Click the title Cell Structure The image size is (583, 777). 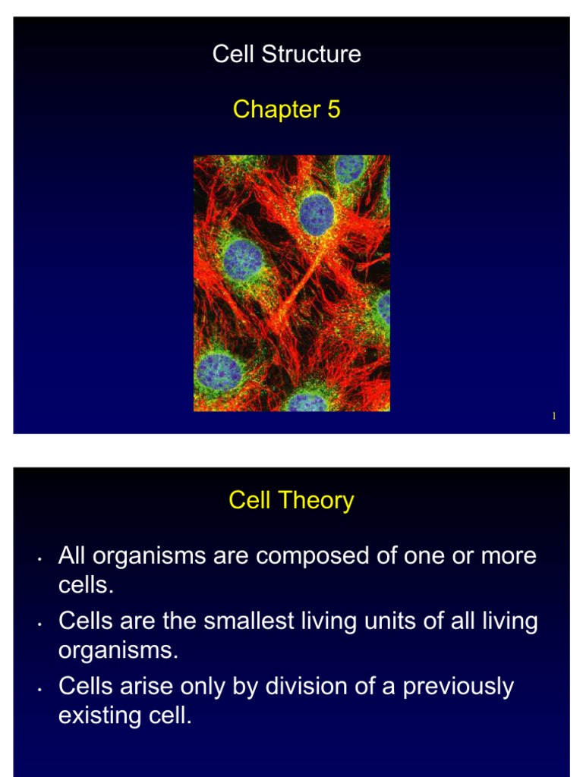[286, 55]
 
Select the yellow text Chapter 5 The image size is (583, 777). [286, 109]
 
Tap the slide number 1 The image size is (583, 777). [554, 416]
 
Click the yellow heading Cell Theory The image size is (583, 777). [291, 501]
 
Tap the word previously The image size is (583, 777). [458, 687]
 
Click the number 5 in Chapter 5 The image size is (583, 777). [333, 109]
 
